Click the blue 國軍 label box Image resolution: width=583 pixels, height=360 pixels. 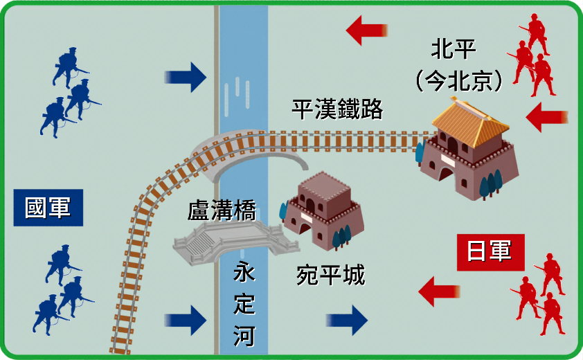[48, 208]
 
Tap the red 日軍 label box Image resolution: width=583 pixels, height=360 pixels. [490, 252]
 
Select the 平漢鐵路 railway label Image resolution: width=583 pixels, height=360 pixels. [337, 109]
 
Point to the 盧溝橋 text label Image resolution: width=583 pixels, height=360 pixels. [222, 210]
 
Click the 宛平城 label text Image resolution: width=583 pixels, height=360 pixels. [330, 276]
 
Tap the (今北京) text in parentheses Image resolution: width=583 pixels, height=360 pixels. [459, 81]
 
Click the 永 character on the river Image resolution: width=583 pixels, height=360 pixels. [244, 271]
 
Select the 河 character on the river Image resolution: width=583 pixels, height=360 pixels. [244, 336]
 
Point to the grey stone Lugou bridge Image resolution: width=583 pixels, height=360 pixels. [235, 242]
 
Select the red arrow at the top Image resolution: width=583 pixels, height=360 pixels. [367, 30]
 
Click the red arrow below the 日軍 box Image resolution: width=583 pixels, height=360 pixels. [440, 291]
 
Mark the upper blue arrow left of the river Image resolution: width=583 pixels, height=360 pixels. [186, 78]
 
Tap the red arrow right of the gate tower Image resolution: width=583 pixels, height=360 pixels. [547, 117]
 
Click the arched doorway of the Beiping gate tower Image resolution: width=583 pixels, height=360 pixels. [446, 174]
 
